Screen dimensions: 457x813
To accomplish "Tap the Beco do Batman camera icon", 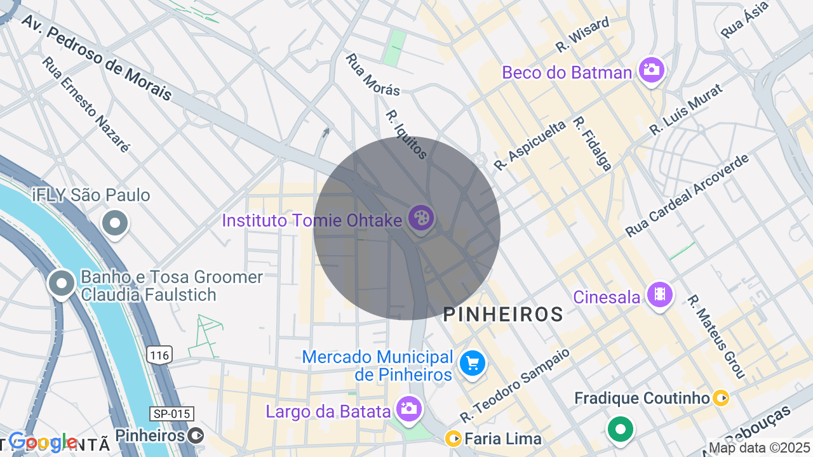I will point(651,69).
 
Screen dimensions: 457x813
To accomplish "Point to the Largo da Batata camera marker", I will point(408,409).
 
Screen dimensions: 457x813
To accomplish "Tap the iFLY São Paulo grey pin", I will point(115,223).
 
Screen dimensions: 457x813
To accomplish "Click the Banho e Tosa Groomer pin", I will point(62,284).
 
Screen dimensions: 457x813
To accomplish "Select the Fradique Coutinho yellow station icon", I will point(721,398).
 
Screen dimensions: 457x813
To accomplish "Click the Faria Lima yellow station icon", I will point(454,439).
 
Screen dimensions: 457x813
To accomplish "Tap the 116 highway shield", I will point(159,355).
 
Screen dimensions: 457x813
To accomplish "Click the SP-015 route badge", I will point(171,414).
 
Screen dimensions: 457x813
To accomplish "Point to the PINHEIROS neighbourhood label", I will point(503,314).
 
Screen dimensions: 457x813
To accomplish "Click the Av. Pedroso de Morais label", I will point(97,57).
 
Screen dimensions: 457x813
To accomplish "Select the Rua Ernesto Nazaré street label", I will point(86,105).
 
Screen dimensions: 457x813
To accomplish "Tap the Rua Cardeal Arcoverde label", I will point(687,195).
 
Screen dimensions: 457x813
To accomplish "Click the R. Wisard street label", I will point(582,35).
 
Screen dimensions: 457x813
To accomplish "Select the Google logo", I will point(43,442).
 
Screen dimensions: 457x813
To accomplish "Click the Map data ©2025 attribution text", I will point(760,448).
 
